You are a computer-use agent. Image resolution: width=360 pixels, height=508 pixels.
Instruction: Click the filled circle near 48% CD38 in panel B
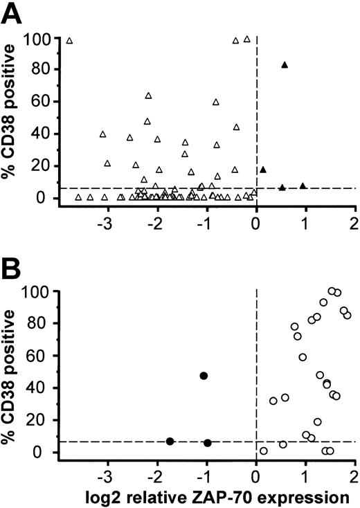204,375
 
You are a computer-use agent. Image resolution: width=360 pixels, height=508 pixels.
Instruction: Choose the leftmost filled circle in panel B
170,441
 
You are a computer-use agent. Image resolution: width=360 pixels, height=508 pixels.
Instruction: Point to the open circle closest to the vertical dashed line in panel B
263,451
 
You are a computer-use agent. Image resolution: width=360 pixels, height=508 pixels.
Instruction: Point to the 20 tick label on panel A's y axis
40,166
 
